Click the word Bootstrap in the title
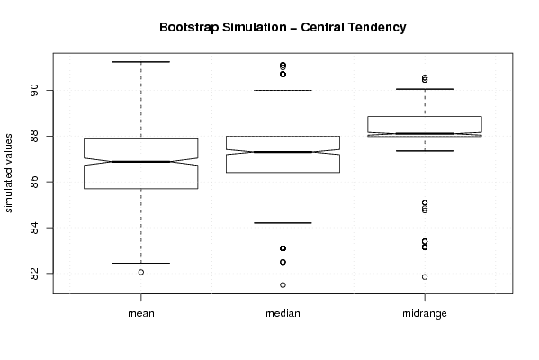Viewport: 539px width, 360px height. (189, 28)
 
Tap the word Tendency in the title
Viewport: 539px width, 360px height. (377, 28)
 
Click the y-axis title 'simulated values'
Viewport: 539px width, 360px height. (8, 174)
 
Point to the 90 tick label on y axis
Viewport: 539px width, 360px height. (35, 90)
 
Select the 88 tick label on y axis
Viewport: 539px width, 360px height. (35, 136)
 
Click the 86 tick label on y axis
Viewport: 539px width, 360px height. (35, 182)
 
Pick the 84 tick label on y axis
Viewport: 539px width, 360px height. (35, 228)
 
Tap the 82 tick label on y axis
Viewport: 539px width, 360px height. (35, 274)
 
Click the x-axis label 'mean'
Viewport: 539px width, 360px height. (141, 313)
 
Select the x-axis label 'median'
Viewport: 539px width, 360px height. (283, 313)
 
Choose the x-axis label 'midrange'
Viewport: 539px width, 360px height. (425, 313)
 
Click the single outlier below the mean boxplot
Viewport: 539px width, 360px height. (141, 273)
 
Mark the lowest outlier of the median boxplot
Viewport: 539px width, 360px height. (283, 284)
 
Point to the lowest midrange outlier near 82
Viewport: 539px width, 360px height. (425, 277)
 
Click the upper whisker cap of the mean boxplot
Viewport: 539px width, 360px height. (141, 62)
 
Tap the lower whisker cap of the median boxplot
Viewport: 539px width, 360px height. (283, 223)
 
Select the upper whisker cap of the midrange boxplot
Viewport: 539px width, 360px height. (425, 89)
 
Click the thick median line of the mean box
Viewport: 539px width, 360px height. (141, 162)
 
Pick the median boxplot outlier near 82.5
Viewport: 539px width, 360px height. (283, 262)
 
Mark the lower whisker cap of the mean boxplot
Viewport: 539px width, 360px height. (141, 264)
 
